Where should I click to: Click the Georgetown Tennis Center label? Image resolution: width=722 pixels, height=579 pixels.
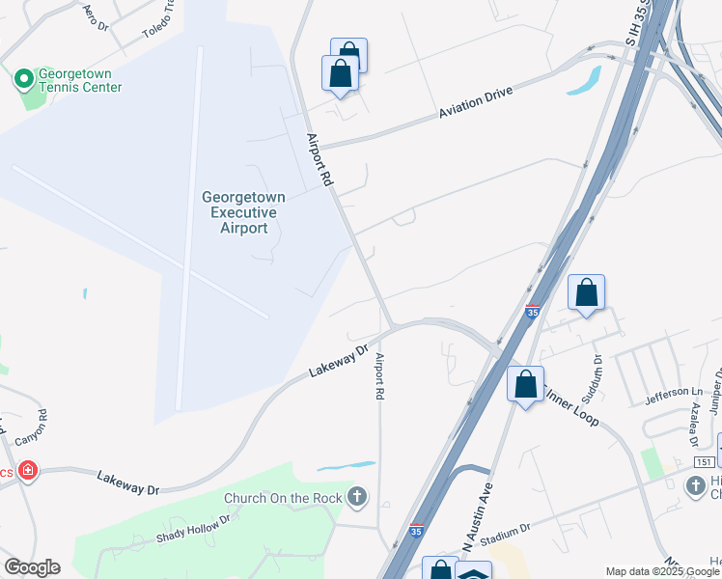[x=80, y=80]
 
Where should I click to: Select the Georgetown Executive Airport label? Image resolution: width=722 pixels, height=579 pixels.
[x=243, y=212]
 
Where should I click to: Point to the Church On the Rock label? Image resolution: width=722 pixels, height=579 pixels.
[x=284, y=498]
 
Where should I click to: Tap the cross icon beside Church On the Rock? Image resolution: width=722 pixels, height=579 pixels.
[x=358, y=497]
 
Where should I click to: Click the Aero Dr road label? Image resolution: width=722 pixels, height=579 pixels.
[x=94, y=14]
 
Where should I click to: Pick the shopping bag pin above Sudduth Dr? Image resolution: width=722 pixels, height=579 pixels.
[x=587, y=293]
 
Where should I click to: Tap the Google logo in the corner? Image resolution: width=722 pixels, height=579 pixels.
[x=32, y=567]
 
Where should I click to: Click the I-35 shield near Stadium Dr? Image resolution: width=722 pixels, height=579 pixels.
[x=415, y=530]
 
